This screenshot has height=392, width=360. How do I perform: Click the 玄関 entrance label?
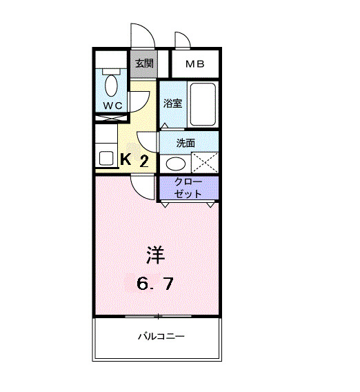(x=143, y=64)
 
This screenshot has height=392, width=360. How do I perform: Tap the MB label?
(x=195, y=64)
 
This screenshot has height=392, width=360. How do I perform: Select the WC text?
(x=112, y=104)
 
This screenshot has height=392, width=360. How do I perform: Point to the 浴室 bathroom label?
(x=172, y=104)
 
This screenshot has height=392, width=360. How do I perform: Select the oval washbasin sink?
(x=177, y=164)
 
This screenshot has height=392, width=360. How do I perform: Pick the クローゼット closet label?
(x=188, y=188)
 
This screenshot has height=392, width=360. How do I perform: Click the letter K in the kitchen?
(x=126, y=159)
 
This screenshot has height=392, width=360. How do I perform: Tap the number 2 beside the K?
(x=144, y=161)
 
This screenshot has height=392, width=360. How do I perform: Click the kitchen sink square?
(x=106, y=157)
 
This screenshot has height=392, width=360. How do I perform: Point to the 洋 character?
(x=156, y=254)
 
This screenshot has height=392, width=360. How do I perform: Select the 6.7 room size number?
(x=160, y=283)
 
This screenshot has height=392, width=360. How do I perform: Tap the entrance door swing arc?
(x=141, y=35)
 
